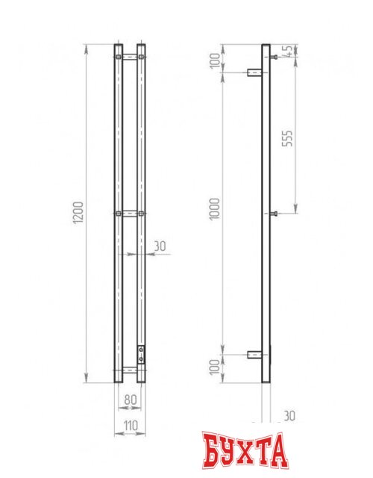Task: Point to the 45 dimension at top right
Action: [x=287, y=52]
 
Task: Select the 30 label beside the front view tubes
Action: [x=160, y=246]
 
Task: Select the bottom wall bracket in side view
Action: [x=253, y=355]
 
